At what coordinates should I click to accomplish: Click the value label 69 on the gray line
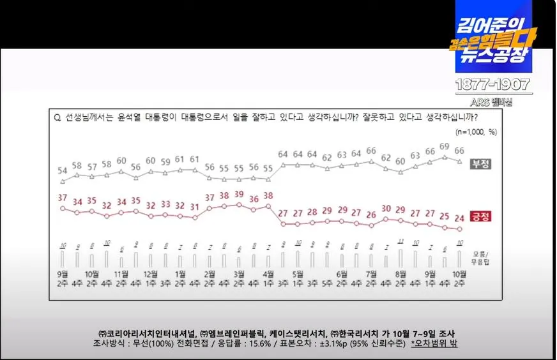pyautogui.click(x=445, y=147)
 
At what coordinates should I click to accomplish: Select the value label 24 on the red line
pyautogui.click(x=459, y=218)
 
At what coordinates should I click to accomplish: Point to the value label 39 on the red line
pyautogui.click(x=239, y=194)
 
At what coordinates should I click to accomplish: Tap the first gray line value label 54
pyautogui.click(x=63, y=170)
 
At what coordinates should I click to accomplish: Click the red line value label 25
pyautogui.click(x=445, y=216)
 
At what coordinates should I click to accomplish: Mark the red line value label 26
pyautogui.click(x=371, y=214)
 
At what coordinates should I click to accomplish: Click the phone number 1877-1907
pyautogui.click(x=493, y=85)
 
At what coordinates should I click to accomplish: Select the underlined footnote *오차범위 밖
pyautogui.click(x=434, y=343)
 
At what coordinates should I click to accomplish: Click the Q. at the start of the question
pyautogui.click(x=57, y=117)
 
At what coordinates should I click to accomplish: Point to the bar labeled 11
pyautogui.click(x=401, y=241)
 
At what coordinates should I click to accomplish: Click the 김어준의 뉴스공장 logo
pyautogui.click(x=493, y=38)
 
